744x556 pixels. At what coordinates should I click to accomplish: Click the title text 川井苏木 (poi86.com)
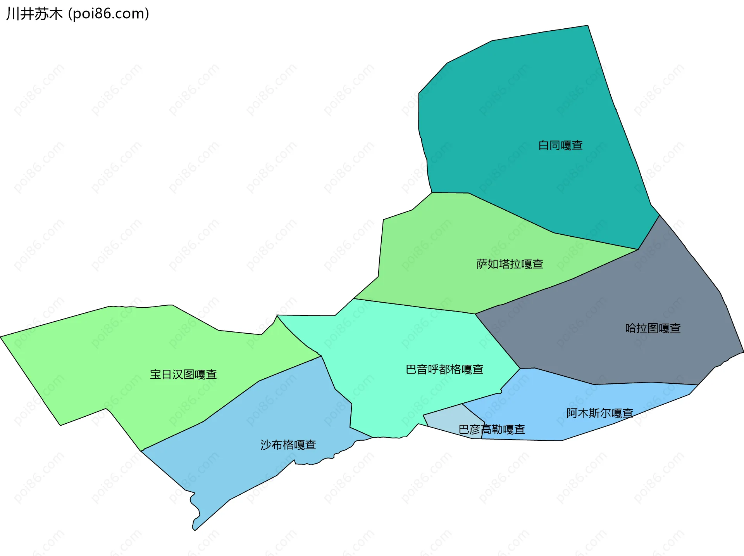click(x=77, y=14)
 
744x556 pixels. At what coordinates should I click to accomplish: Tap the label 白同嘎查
click(x=560, y=145)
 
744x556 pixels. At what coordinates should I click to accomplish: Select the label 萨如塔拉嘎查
click(x=510, y=264)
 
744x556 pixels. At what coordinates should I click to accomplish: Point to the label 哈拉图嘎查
click(x=653, y=328)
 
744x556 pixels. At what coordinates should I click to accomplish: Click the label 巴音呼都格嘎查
click(x=444, y=369)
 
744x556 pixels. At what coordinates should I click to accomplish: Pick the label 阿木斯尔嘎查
click(x=599, y=413)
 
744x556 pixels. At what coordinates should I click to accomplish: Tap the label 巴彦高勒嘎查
click(x=491, y=430)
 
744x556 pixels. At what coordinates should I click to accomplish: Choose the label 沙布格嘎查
click(x=288, y=445)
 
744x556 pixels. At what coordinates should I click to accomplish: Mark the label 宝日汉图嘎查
click(x=183, y=374)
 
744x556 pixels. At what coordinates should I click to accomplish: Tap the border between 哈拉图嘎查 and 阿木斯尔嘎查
click(x=620, y=383)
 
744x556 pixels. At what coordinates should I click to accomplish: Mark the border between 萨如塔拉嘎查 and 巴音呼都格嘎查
click(x=415, y=307)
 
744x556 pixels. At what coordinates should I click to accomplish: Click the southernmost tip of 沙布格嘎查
click(x=195, y=530)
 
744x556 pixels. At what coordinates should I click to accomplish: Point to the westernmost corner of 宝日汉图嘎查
click(x=1, y=337)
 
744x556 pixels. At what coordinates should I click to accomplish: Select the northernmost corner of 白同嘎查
click(x=587, y=26)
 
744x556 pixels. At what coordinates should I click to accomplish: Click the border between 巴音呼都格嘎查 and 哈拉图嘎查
click(x=498, y=341)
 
